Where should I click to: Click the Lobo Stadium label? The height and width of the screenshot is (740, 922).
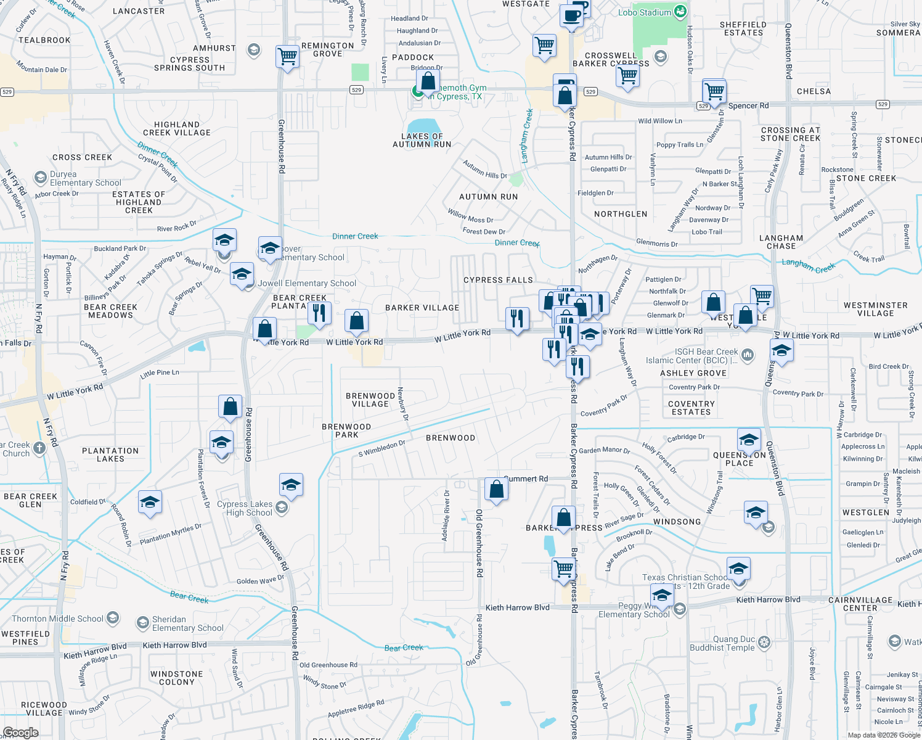pos(645,12)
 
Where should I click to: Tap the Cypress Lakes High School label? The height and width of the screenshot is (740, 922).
pos(245,508)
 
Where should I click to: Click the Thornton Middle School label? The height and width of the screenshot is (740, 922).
pos(58,619)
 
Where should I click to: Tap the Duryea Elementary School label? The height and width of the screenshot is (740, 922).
pos(85,179)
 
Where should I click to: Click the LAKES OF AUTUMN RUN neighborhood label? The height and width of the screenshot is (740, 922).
pos(422,141)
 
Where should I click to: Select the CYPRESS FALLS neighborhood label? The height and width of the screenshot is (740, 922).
pos(498,280)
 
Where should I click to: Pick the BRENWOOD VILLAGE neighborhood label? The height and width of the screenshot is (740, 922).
pos(370,400)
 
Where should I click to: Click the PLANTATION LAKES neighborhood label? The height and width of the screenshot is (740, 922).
pos(110,454)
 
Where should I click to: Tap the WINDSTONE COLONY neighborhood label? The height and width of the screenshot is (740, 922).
pos(176,678)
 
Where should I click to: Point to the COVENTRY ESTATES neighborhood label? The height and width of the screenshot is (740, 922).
pos(691,408)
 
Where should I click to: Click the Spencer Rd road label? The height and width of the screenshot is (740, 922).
pos(748,105)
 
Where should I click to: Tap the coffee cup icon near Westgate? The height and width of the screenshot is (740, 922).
pos(571,16)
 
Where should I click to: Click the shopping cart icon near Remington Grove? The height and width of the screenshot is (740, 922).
pos(287,57)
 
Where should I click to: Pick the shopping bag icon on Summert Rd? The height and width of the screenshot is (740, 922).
pos(496,490)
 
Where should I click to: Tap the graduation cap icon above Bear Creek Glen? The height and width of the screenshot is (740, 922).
pos(150,503)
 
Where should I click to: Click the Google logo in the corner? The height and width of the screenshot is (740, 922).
pos(20,733)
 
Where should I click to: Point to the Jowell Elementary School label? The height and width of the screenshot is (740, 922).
pos(307,284)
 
